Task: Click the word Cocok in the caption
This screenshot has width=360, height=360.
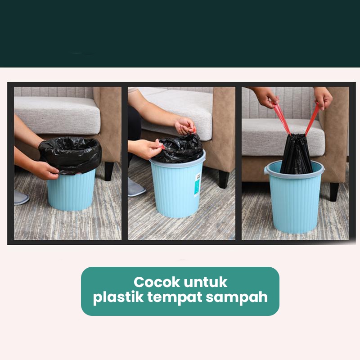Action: [157, 282]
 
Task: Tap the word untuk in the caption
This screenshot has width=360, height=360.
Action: [206, 282]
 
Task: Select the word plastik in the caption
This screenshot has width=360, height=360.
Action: [118, 297]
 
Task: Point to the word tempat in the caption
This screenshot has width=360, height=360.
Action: [175, 298]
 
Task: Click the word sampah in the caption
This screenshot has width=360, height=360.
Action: [237, 298]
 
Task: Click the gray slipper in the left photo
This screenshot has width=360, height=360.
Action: [21, 197]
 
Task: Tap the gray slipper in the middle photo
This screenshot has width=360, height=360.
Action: [136, 188]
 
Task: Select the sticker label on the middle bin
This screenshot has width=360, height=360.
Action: [197, 185]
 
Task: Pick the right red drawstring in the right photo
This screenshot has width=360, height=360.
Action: [312, 119]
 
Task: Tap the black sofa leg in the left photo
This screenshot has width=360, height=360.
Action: [108, 171]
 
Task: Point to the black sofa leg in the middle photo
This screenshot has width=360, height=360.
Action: [223, 179]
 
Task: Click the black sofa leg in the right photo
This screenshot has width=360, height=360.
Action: [334, 192]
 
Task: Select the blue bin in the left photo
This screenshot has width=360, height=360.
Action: [72, 190]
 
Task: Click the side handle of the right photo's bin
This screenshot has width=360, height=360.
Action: [266, 171]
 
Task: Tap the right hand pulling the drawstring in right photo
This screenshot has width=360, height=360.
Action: [323, 98]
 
